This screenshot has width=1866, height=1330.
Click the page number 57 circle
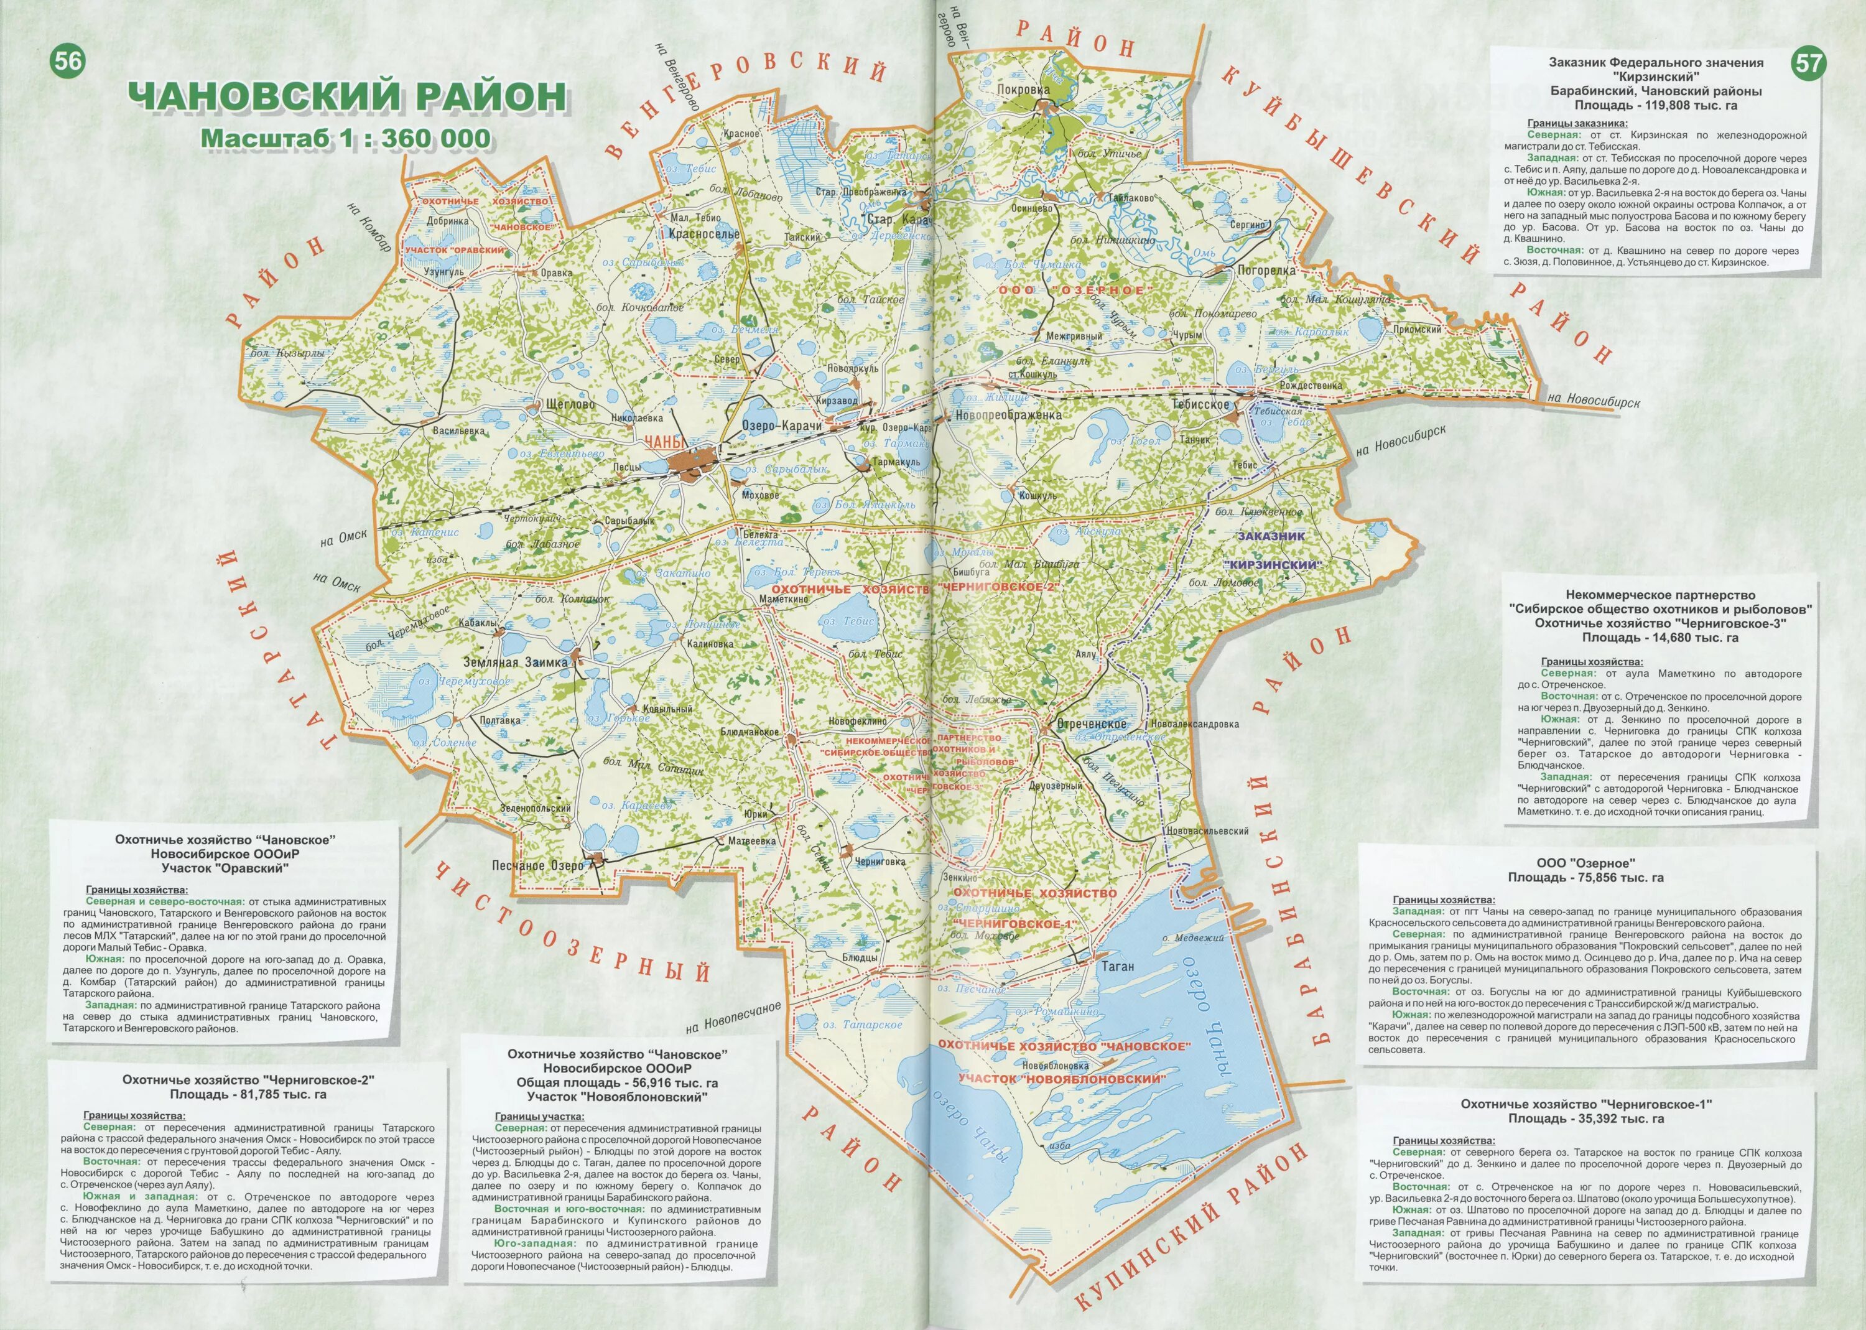tap(1808, 65)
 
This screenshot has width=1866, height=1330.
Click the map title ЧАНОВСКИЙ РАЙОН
tap(346, 96)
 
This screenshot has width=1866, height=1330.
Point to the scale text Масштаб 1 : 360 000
tap(346, 137)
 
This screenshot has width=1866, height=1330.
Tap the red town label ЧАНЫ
tap(662, 442)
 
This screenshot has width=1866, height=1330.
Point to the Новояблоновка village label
tap(1061, 1066)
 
